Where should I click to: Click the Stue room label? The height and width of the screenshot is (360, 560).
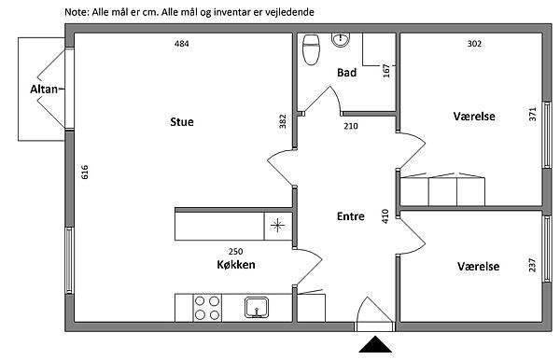[182, 122]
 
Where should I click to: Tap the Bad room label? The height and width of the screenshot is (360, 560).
[346, 73]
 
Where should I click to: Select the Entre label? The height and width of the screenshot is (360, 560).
[350, 216]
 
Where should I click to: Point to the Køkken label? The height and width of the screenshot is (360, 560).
[236, 265]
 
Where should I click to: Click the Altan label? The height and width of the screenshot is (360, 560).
[44, 90]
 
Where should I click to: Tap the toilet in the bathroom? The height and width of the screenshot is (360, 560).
[311, 49]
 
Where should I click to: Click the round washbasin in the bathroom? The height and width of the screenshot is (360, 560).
[341, 39]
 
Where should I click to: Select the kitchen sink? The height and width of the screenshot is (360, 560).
[257, 307]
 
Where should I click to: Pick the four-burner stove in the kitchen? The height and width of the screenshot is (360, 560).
[207, 308]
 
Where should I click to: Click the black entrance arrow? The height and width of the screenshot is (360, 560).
[375, 344]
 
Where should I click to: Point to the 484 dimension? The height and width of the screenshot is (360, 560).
[181, 44]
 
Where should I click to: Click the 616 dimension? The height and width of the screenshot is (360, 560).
[85, 172]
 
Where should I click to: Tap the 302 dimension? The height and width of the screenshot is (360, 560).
[474, 44]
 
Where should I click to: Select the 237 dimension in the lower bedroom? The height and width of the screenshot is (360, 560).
[532, 265]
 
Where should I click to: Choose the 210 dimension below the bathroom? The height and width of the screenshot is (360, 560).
[351, 126]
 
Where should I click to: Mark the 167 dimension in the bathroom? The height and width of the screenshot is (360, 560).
[386, 71]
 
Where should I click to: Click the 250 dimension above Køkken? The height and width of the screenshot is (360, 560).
[236, 252]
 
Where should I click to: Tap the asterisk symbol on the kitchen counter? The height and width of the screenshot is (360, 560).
[277, 226]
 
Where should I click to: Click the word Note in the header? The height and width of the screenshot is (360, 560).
[76, 12]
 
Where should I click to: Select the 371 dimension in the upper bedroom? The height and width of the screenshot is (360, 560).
[533, 114]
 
